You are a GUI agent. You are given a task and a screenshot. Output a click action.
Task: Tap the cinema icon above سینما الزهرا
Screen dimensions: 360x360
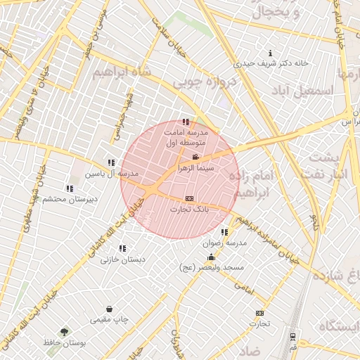pyautogui.click(x=195, y=157)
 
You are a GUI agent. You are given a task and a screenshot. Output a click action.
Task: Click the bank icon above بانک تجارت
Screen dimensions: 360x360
pyautogui.click(x=188, y=199)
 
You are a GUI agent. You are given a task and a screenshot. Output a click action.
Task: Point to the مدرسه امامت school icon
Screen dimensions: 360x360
pyautogui.click(x=186, y=122)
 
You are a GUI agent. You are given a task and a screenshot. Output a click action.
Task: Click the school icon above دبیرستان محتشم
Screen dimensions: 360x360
pyautogui.click(x=69, y=188)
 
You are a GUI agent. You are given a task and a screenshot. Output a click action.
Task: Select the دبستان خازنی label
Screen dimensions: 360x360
pyautogui.click(x=123, y=259)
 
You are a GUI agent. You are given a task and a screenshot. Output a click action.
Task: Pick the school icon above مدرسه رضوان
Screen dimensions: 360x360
pyautogui.click(x=224, y=232)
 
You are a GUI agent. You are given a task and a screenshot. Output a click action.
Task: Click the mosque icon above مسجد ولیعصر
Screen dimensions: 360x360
pyautogui.click(x=212, y=257)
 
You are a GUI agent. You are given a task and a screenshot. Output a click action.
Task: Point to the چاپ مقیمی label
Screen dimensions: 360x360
pyautogui.click(x=110, y=320)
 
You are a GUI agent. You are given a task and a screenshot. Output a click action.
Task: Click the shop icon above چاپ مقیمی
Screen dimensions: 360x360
pyautogui.click(x=110, y=309)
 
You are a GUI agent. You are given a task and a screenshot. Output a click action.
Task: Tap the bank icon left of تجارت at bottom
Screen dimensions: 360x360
pyautogui.click(x=260, y=313)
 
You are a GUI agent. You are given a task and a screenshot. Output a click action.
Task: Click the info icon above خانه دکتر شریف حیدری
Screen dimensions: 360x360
pyautogui.click(x=272, y=53)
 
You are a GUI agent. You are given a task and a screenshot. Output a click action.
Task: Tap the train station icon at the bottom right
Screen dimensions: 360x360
pyautogui.click(x=292, y=335)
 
